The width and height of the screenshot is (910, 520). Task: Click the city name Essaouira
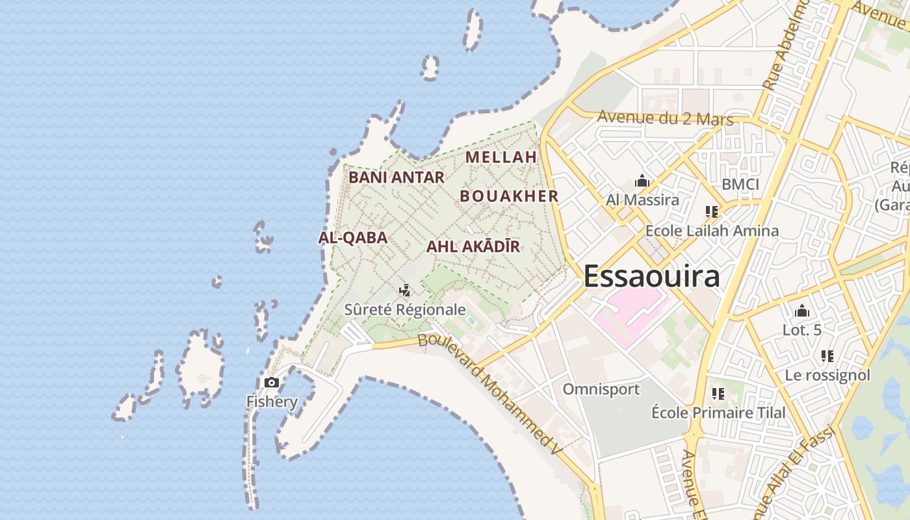(x=651, y=276)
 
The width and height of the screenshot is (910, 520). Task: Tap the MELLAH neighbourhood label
(x=501, y=157)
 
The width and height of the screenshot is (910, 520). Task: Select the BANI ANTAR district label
(x=396, y=177)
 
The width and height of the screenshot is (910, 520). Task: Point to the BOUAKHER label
(x=509, y=196)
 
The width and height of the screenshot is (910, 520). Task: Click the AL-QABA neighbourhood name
(x=353, y=238)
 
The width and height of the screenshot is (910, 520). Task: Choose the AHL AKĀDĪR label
(x=473, y=247)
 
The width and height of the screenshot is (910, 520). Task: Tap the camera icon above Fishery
(x=272, y=383)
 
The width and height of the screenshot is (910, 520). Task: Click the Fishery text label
(x=272, y=402)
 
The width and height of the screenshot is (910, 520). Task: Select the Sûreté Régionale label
(x=405, y=309)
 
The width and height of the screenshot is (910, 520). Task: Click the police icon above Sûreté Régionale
(x=405, y=291)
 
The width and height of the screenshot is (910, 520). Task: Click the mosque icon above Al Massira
(x=642, y=181)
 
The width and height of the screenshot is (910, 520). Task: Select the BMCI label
(x=740, y=185)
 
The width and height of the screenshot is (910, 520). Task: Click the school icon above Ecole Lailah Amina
(x=712, y=212)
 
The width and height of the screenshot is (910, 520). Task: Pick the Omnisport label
(x=601, y=389)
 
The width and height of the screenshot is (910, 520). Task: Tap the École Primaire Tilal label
(x=718, y=413)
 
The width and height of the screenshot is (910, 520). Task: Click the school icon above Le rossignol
(x=827, y=356)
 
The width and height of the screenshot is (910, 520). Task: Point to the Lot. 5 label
(x=802, y=330)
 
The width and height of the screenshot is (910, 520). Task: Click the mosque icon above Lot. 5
(x=802, y=311)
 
